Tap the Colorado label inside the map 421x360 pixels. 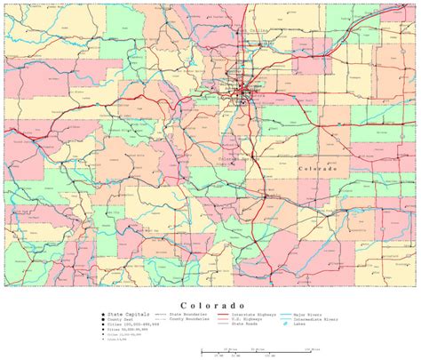(317, 168)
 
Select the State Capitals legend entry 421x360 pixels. (123, 315)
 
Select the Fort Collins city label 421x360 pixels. (252, 32)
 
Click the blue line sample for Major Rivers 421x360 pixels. (286, 315)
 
